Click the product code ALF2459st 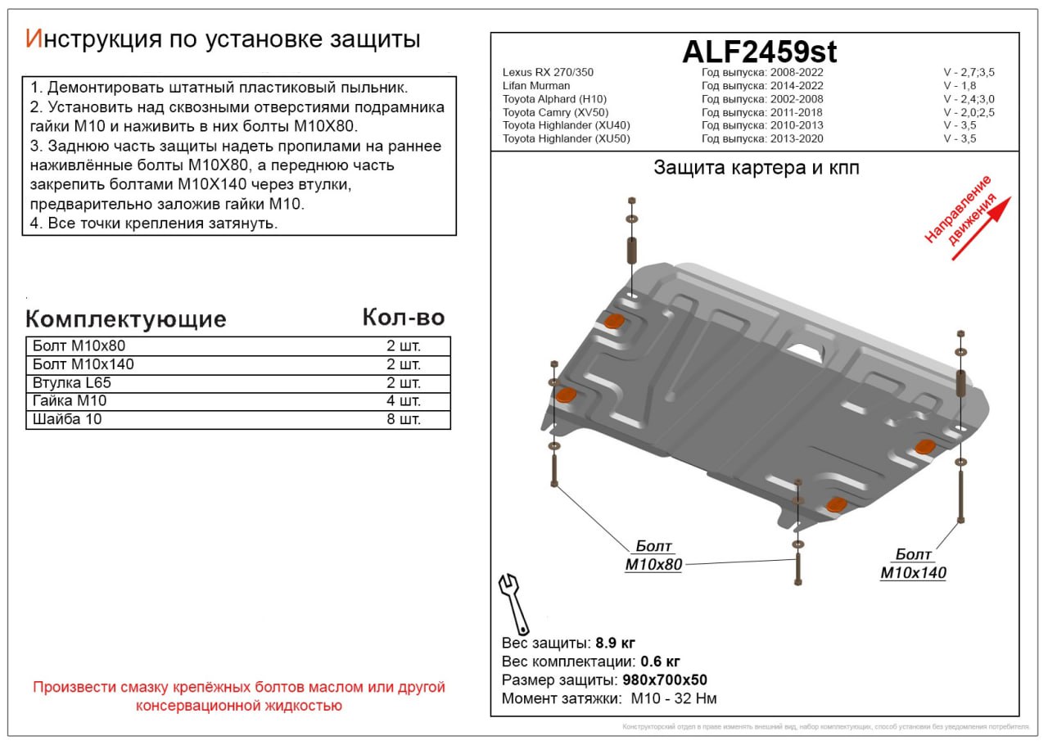(759, 52)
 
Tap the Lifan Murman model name (536, 86)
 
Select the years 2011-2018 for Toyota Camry (796, 112)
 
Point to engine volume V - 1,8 (961, 86)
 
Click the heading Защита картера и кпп (756, 168)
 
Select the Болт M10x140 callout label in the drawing (913, 564)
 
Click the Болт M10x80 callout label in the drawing (653, 556)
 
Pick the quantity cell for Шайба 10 (403, 420)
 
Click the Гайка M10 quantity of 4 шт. (403, 401)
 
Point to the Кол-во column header (403, 318)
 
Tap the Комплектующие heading (125, 319)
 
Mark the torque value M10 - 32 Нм (674, 699)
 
